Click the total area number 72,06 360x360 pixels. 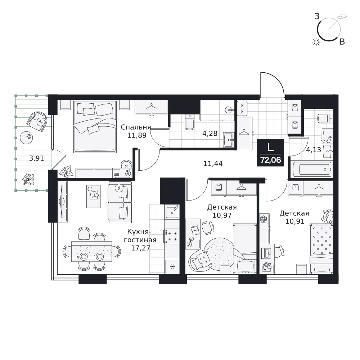click(270, 160)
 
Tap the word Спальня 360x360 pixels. click(136, 127)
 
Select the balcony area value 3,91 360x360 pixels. click(36, 158)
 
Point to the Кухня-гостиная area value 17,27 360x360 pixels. click(140, 248)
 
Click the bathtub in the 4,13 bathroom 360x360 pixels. click(312, 170)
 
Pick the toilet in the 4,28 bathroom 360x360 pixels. click(189, 122)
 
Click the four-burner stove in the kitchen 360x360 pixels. click(172, 236)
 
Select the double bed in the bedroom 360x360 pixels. click(95, 126)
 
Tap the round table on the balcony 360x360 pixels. click(26, 137)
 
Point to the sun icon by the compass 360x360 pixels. click(316, 42)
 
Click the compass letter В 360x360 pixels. click(342, 42)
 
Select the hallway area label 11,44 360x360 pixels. click(213, 163)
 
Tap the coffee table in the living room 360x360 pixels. click(94, 197)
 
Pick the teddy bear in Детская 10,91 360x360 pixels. click(328, 216)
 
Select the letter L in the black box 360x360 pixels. click(271, 147)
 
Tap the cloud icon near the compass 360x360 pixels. click(342, 16)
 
